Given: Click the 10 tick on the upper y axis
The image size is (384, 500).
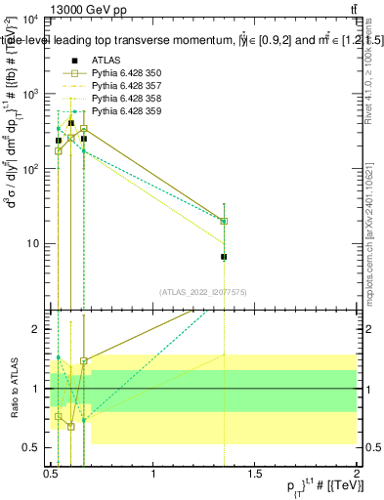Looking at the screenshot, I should (x=33, y=243).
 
